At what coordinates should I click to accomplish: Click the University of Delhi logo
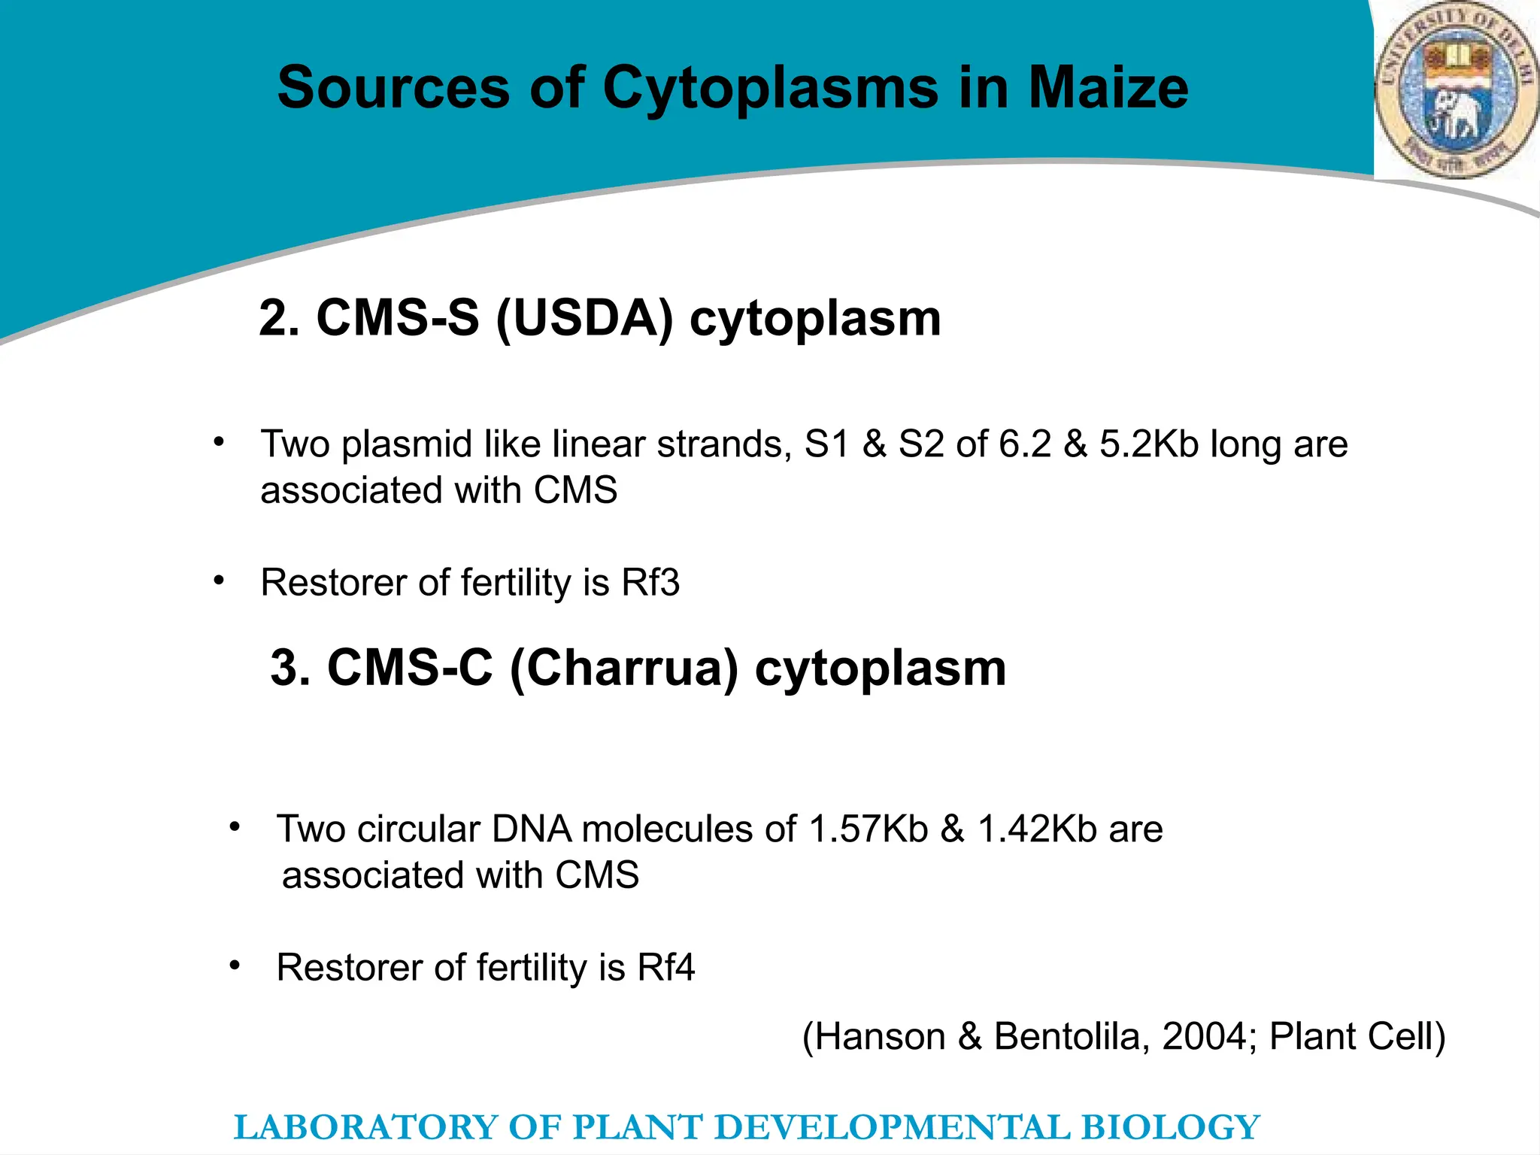click(1456, 90)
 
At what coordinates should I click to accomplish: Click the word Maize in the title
click(1108, 88)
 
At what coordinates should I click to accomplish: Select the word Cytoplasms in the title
click(770, 88)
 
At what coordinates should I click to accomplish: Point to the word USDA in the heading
click(584, 318)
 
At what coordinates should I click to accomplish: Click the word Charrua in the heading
click(624, 668)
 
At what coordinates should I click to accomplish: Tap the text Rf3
click(650, 583)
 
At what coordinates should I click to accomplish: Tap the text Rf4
click(666, 968)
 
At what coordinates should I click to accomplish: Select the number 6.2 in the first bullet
click(1025, 444)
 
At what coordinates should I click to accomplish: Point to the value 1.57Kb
click(869, 829)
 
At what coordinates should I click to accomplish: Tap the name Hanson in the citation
click(881, 1037)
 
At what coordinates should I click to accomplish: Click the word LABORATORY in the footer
click(365, 1128)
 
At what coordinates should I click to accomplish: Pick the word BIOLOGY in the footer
click(1170, 1128)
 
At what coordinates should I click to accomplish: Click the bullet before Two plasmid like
click(218, 442)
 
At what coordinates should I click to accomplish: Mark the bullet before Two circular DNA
click(235, 827)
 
